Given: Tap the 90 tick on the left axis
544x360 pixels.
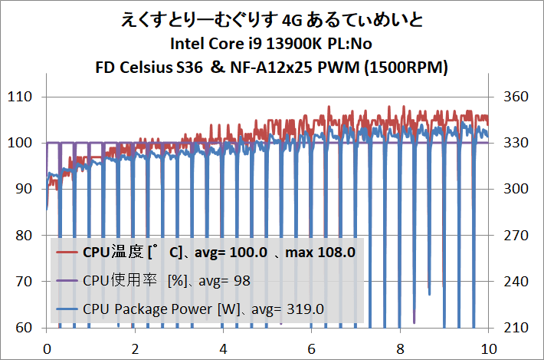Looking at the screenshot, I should [25, 189].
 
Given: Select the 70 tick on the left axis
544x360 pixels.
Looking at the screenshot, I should [25, 282].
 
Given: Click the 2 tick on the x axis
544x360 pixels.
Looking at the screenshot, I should [135, 347].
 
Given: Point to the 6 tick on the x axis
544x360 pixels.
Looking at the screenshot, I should [312, 347].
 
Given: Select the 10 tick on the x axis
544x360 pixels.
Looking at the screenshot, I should [487, 347].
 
